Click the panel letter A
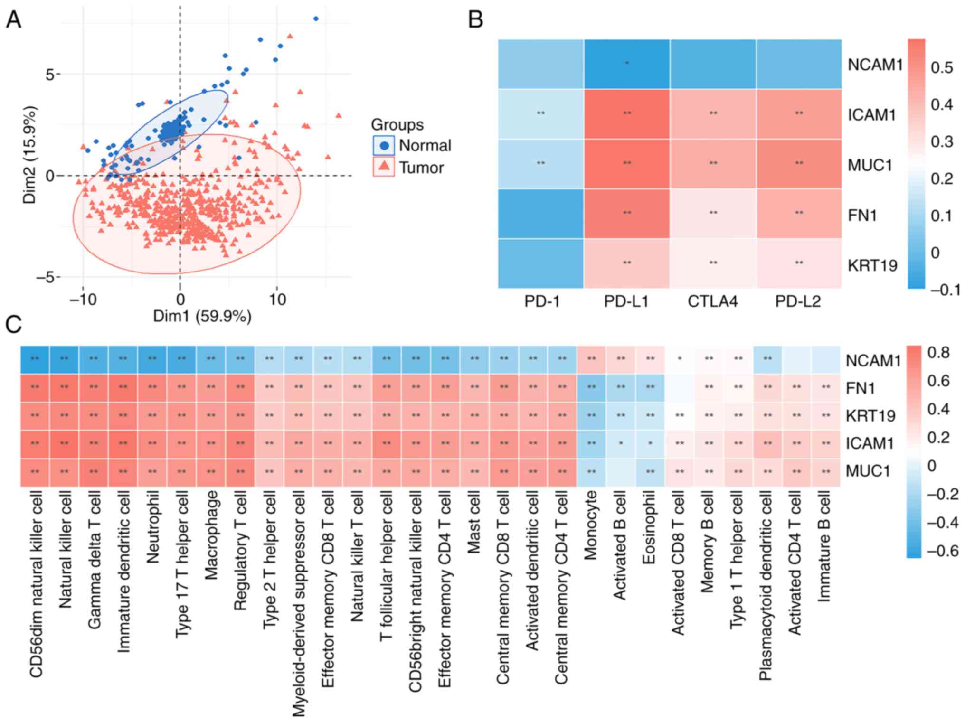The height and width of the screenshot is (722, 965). [x=13, y=20]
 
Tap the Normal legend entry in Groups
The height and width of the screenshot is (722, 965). [x=424, y=146]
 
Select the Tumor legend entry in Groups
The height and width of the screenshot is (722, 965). [x=421, y=168]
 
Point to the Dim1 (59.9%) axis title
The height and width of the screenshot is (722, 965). [x=202, y=316]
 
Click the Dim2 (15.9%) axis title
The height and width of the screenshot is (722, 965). [x=29, y=155]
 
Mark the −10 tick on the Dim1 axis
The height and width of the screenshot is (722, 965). [x=83, y=300]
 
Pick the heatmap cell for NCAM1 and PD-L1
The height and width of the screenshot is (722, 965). [x=627, y=64]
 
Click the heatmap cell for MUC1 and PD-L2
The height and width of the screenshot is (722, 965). [x=799, y=164]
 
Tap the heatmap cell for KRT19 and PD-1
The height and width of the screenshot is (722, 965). [x=541, y=263]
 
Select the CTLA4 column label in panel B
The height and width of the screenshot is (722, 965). [x=712, y=301]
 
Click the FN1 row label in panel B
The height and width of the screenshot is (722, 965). [x=862, y=216]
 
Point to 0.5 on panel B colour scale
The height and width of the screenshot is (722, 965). [x=942, y=68]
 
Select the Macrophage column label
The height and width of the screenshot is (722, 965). [x=211, y=535]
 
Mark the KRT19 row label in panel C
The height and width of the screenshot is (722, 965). [x=870, y=416]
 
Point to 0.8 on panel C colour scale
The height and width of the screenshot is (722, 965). [x=938, y=353]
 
